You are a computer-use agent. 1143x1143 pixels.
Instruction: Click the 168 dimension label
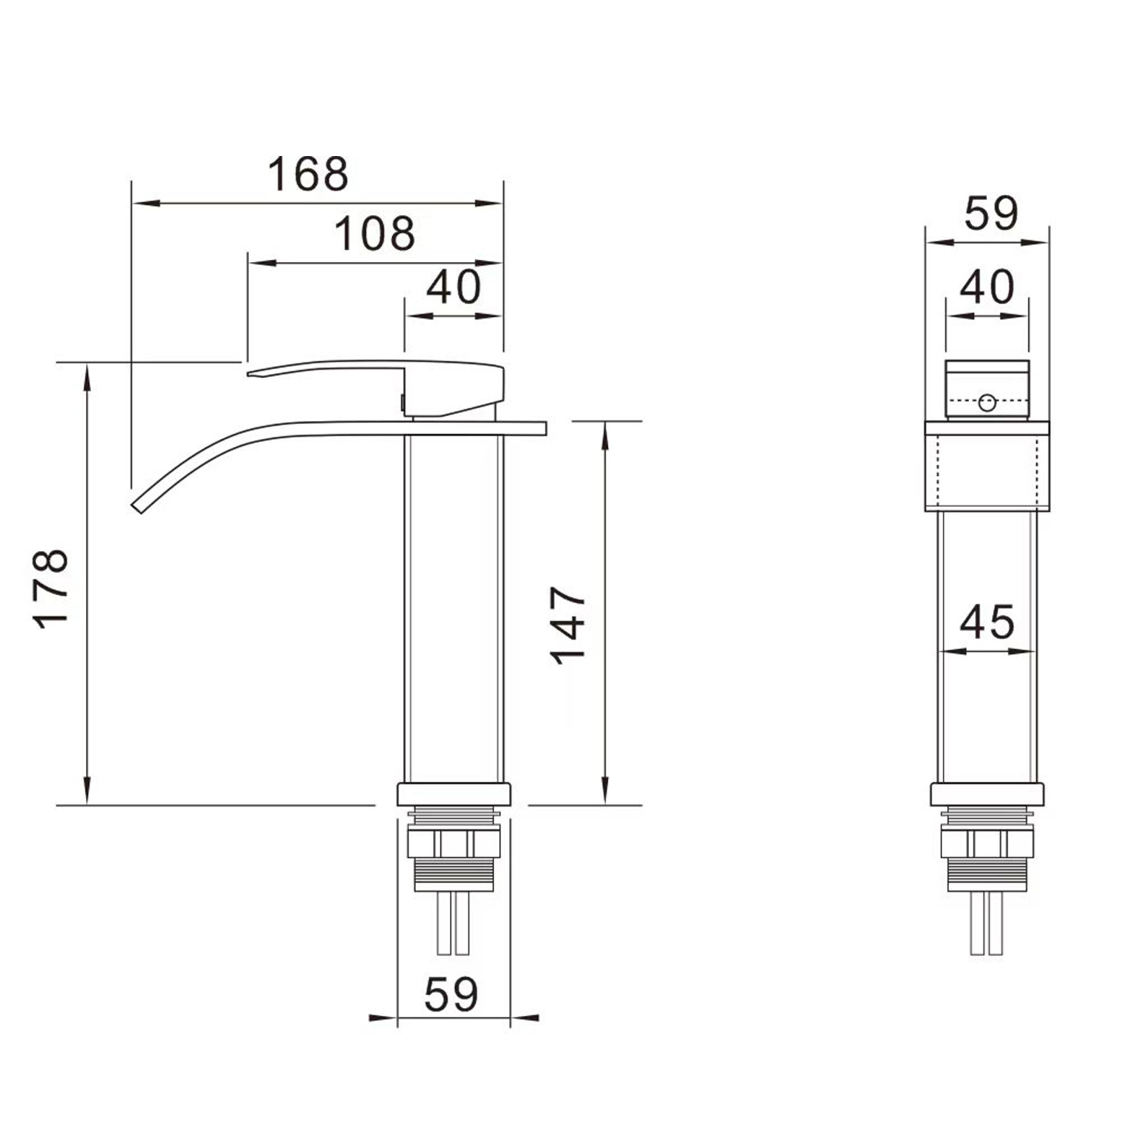pos(308,174)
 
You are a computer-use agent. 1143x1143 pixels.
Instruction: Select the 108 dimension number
pos(375,233)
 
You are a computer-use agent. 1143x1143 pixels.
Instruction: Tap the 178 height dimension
pos(51,588)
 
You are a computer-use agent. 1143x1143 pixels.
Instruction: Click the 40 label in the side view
pos(454,287)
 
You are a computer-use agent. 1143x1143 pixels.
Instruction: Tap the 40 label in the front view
pos(987,287)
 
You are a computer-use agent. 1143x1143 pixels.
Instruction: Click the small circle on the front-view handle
pos(987,403)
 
